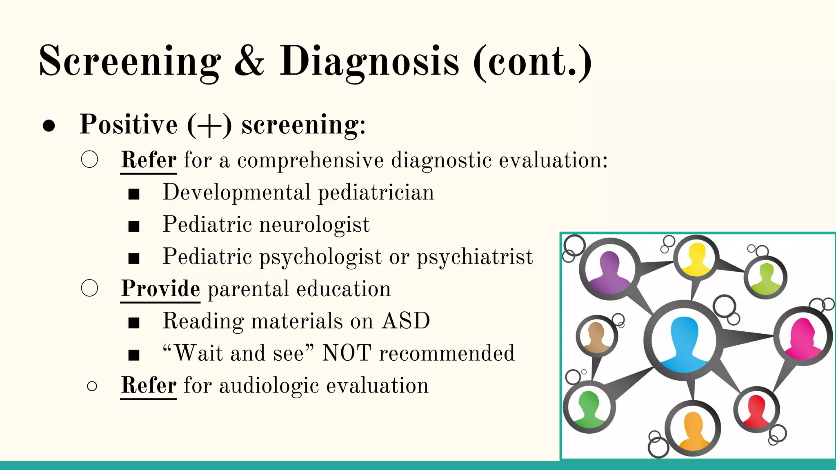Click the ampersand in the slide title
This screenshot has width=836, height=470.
pyautogui.click(x=249, y=61)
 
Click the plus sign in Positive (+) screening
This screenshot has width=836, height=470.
pyautogui.click(x=210, y=126)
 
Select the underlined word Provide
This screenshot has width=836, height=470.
pyautogui.click(x=160, y=289)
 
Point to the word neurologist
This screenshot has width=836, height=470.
pyautogui.click(x=314, y=225)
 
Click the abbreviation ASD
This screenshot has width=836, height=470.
pyautogui.click(x=406, y=321)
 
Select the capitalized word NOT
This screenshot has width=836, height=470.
pyautogui.click(x=347, y=353)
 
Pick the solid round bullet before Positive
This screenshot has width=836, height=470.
pyautogui.click(x=49, y=126)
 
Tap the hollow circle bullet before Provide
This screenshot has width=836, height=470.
pyautogui.click(x=90, y=288)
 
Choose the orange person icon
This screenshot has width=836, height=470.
pyautogui.click(x=692, y=430)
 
